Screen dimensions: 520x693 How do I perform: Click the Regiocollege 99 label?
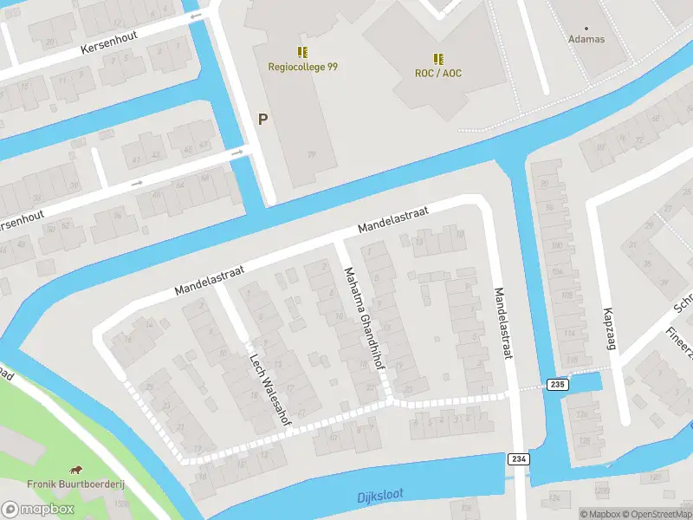coord(302,68)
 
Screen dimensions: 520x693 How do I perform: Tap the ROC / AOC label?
coord(438,73)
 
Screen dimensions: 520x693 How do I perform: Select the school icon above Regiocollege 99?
coord(302,52)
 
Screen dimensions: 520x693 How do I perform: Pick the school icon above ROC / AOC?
coord(438,58)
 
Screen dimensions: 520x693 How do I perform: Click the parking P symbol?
coord(262,120)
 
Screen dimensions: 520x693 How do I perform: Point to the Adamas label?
coord(586,39)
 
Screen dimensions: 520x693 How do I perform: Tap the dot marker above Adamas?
coord(586,28)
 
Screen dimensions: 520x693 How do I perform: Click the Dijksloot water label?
coord(380,496)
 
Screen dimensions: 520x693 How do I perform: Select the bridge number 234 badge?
coord(519,459)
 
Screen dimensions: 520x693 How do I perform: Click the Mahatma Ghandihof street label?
coord(363,319)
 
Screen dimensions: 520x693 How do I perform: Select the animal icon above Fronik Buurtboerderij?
coord(75,469)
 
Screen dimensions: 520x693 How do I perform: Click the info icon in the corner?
coord(585,514)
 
